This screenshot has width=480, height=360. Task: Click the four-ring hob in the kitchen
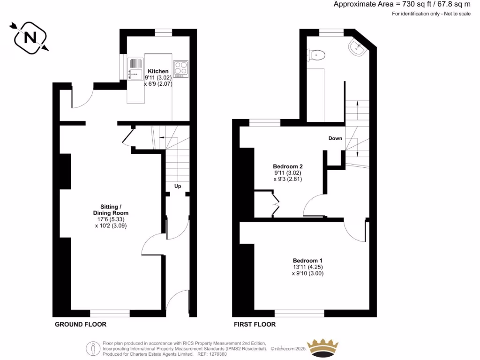[180, 68]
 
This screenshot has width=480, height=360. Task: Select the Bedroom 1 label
[307, 261]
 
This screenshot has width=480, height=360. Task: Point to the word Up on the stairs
[178, 186]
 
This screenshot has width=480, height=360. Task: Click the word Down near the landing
[335, 138]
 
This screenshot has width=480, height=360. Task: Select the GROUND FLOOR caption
[81, 324]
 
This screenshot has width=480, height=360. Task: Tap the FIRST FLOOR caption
[255, 324]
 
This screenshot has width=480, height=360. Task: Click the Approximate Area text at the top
[402, 4]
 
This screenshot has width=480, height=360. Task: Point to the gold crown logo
[322, 347]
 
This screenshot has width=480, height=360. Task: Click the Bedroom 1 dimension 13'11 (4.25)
[307, 267]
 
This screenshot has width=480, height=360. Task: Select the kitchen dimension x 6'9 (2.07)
[159, 83]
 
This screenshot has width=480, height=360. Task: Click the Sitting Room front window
[110, 313]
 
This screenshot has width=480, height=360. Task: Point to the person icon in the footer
[93, 349]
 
